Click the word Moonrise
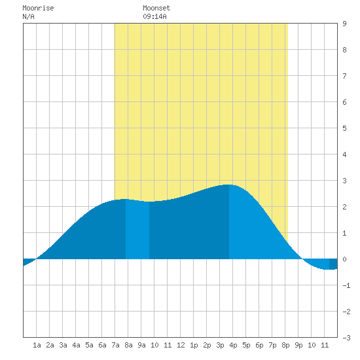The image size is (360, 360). (x=38, y=8)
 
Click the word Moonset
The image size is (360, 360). (x=156, y=8)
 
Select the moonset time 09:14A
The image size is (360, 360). (x=154, y=16)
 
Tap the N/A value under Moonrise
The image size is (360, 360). (x=28, y=16)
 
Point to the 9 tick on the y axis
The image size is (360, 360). (x=344, y=24)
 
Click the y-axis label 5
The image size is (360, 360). (x=344, y=128)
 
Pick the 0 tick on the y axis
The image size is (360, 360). (x=344, y=259)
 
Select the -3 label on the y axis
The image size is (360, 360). (x=346, y=338)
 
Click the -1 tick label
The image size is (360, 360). (x=346, y=285)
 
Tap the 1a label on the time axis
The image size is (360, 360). (x=37, y=345)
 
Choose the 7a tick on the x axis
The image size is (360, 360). (x=115, y=345)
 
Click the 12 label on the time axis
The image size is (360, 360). (x=181, y=345)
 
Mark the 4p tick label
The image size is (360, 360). (x=233, y=345)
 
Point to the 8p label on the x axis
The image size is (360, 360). (x=285, y=345)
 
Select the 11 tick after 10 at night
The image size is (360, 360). (x=325, y=345)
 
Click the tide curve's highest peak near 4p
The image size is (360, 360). (x=228, y=185)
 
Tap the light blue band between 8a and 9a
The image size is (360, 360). (x=137, y=230)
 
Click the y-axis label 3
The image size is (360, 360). (x=344, y=181)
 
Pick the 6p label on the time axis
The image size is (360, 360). (x=259, y=345)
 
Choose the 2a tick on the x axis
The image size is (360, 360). (x=50, y=345)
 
